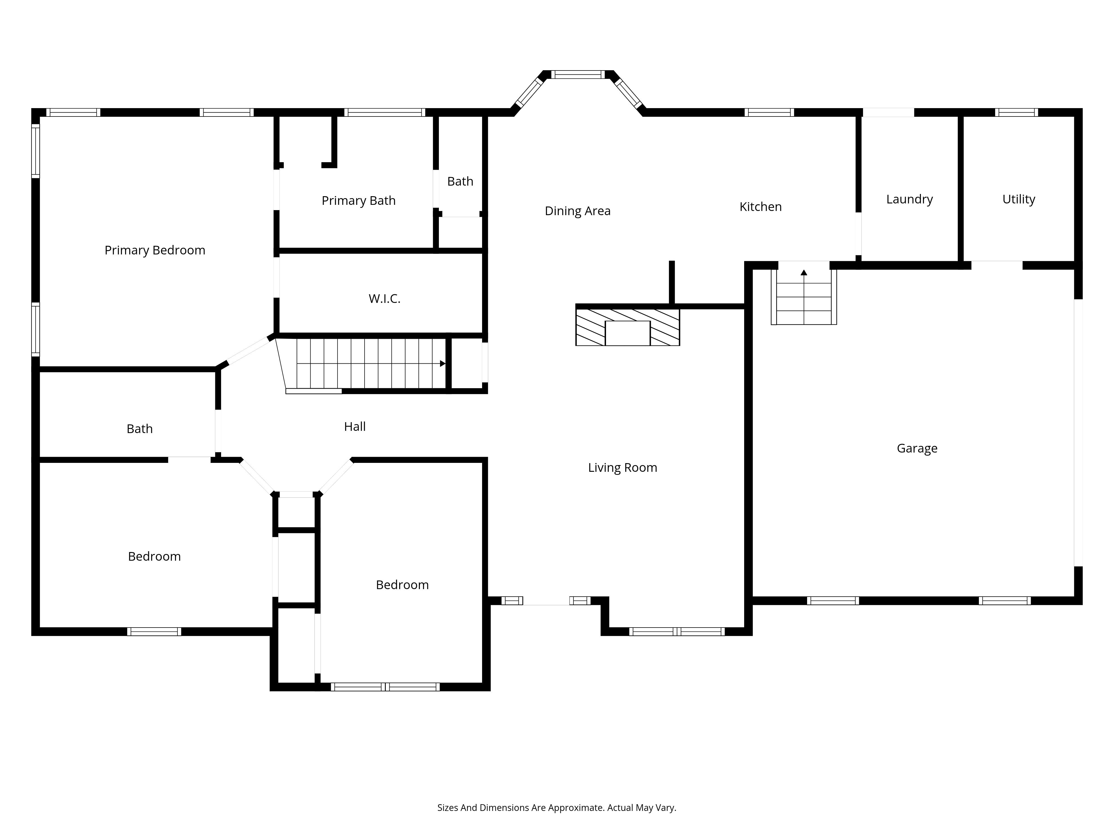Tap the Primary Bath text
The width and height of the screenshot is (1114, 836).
click(x=359, y=201)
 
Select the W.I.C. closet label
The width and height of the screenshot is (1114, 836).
click(x=384, y=299)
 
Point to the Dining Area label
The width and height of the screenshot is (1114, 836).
click(x=578, y=211)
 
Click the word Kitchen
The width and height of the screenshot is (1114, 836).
click(x=761, y=206)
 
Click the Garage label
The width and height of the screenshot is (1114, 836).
click(x=917, y=448)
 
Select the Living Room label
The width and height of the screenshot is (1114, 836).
click(x=622, y=468)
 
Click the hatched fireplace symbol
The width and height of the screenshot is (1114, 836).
click(x=627, y=327)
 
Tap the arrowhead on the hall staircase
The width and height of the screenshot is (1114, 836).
click(x=443, y=363)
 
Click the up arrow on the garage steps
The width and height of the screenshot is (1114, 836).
click(x=804, y=273)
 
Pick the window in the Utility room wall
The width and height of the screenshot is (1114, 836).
click(x=1016, y=112)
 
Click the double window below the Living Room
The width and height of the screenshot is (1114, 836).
click(x=677, y=631)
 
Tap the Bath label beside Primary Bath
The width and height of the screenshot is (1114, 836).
click(x=460, y=181)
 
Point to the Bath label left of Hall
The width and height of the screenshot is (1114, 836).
click(x=140, y=429)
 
